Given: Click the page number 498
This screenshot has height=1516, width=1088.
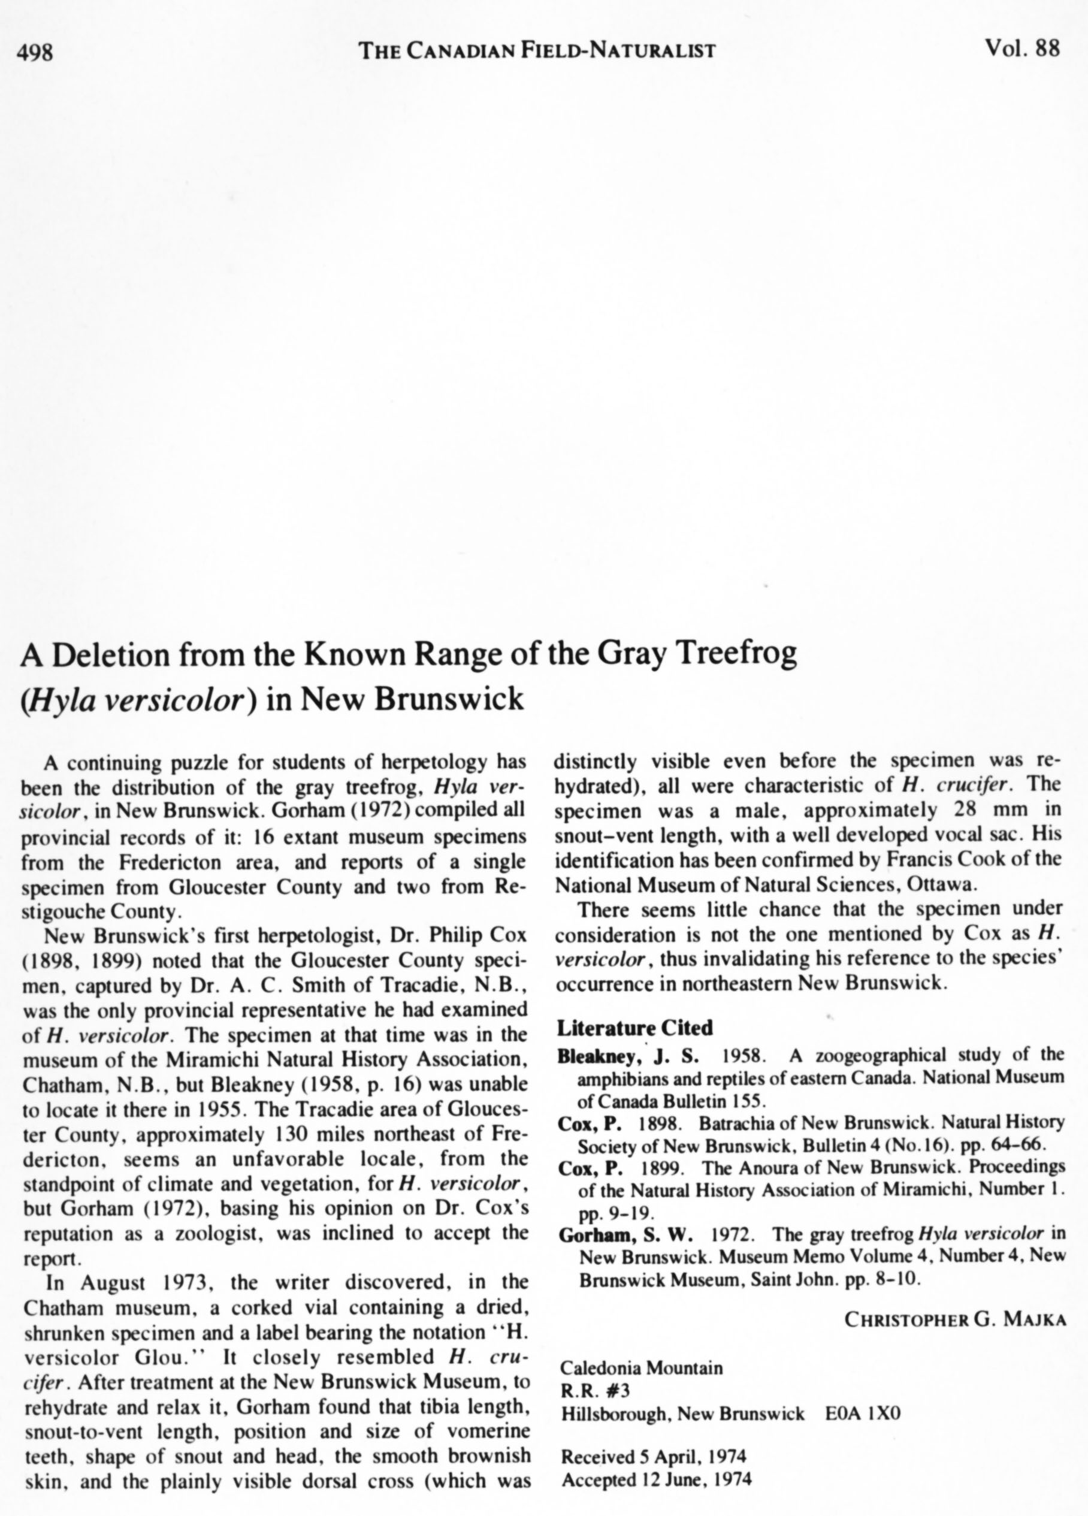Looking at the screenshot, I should (35, 52).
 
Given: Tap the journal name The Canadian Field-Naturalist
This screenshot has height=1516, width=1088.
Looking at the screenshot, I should (537, 50).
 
